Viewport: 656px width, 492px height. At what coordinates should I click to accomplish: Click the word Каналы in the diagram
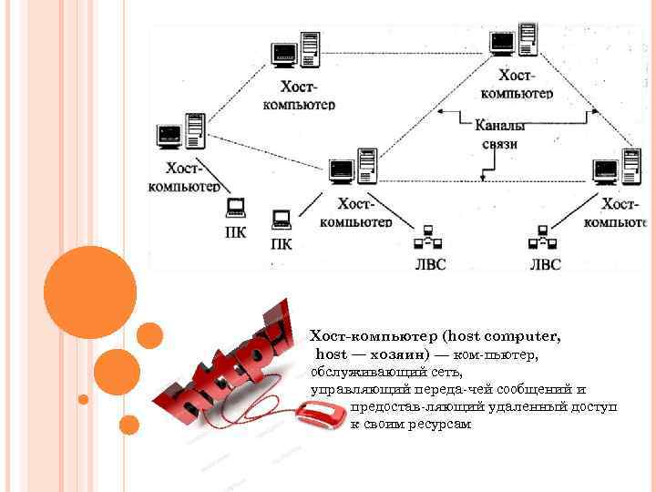[x=497, y=126]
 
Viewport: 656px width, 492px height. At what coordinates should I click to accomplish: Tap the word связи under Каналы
[x=499, y=144]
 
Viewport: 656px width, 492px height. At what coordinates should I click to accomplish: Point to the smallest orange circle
[x=84, y=399]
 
